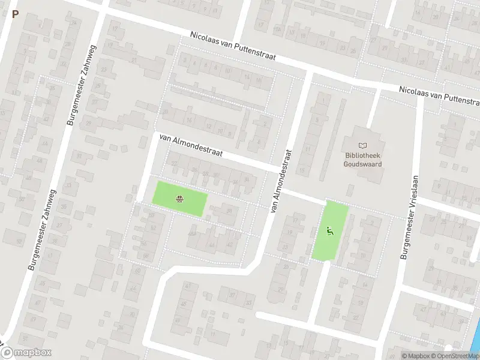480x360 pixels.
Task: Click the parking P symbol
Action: point(15,14)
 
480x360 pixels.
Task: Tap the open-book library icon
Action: point(362,145)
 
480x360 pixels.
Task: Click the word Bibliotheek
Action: point(363,155)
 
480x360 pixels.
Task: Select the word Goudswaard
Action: point(363,163)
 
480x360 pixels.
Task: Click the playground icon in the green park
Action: point(179,199)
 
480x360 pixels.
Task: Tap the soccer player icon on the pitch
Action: point(329,230)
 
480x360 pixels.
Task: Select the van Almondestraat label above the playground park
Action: point(191,145)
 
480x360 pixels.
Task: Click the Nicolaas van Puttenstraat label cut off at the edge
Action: point(440,96)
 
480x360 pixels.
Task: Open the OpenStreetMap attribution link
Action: point(461,356)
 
